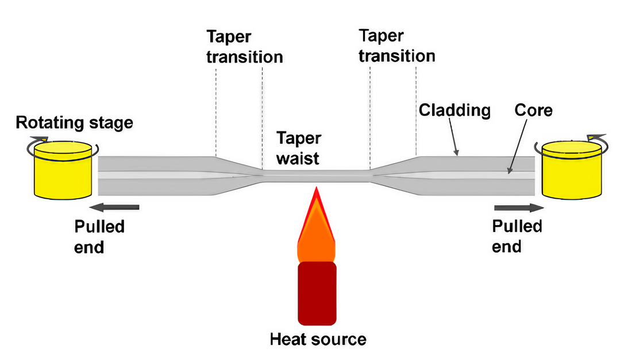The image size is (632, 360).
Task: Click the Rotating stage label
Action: tap(74, 122)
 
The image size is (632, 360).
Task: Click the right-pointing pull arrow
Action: tap(517, 207)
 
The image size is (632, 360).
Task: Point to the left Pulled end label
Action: tap(99, 237)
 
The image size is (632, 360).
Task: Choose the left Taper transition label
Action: tap(245, 47)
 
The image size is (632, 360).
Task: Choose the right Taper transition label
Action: tap(396, 46)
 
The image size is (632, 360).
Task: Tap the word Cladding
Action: tap(454, 110)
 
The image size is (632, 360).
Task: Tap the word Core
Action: tap(533, 109)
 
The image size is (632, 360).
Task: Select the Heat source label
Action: tap(318, 339)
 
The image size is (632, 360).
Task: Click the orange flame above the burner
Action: tap(316, 230)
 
